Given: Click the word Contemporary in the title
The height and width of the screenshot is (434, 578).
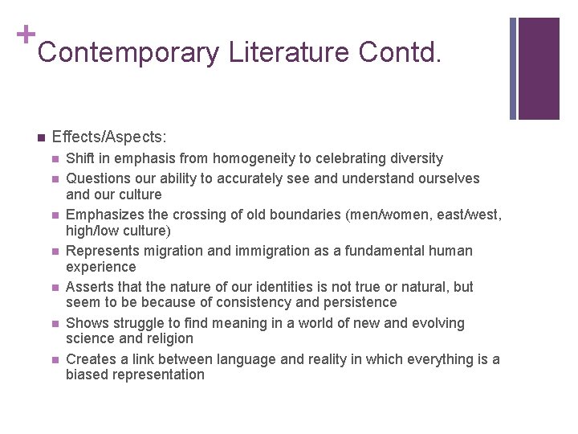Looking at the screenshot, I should click(x=128, y=53).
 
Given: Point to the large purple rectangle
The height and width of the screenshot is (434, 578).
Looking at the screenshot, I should click(x=539, y=68).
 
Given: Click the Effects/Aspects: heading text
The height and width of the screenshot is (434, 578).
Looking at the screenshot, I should click(x=109, y=137).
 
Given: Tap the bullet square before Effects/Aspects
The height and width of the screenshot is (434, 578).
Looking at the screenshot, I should click(x=40, y=137).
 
